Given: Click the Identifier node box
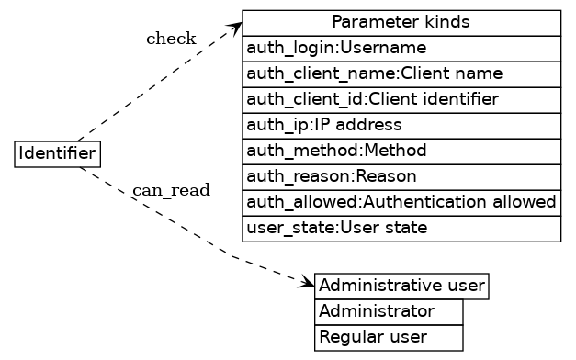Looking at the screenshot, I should click(x=57, y=153).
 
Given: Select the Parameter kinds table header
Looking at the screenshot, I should click(x=401, y=22).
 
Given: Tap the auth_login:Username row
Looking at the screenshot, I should click(x=401, y=48).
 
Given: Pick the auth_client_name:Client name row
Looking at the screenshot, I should click(x=401, y=73).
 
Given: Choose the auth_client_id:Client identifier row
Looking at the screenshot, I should click(x=401, y=99).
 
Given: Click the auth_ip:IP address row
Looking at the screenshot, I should click(x=401, y=124).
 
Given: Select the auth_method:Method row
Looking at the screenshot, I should click(x=401, y=150).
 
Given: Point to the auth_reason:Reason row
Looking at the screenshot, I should click(x=401, y=175).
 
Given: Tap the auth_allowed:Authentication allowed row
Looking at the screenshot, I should click(x=401, y=201).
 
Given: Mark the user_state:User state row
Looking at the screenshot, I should click(x=401, y=227).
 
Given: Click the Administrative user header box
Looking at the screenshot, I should click(x=401, y=287).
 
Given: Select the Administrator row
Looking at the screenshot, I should click(x=389, y=311).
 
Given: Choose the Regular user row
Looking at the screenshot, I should click(x=389, y=337).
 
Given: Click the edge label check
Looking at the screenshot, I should click(x=171, y=39).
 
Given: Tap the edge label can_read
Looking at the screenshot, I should click(x=171, y=190).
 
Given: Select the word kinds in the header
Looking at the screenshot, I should click(x=451, y=22).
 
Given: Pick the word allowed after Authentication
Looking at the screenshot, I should click(x=530, y=201).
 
